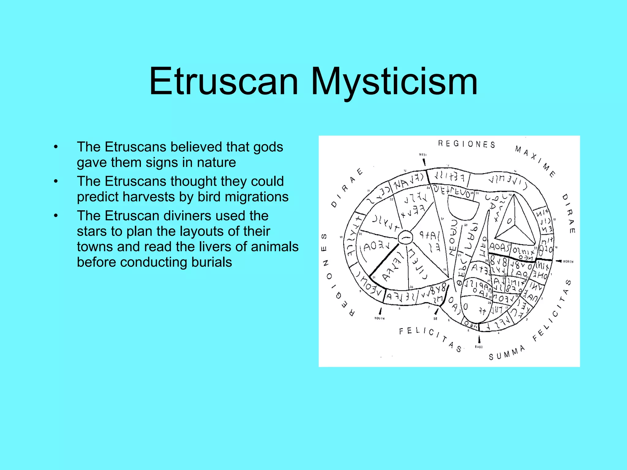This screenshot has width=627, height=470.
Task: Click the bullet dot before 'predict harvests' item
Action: pos(55,182)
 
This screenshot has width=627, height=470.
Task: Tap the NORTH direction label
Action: pos(568,262)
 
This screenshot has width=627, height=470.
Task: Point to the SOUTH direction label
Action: pos(379,319)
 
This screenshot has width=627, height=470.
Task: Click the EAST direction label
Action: pos(479,347)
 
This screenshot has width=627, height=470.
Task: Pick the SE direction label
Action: pos(435,319)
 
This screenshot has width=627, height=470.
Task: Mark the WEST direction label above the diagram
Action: pos(423,155)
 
